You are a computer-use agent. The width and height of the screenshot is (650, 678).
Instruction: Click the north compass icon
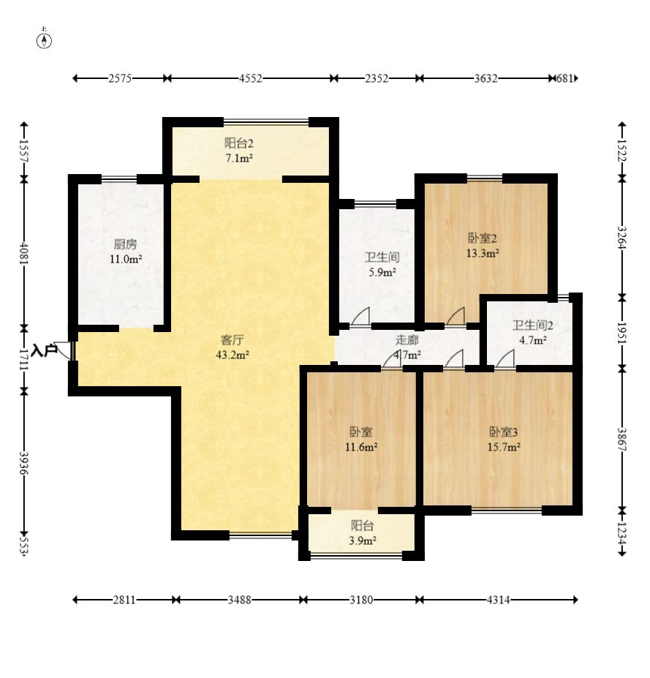(44, 39)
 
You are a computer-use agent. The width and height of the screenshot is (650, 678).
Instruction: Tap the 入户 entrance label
(44, 350)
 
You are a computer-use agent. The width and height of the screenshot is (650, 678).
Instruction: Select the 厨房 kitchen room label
(125, 244)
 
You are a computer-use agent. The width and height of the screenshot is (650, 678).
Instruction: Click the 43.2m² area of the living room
(233, 355)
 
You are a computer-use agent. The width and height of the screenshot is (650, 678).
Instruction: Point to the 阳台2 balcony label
(238, 143)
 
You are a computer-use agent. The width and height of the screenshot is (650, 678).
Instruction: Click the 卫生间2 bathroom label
(533, 325)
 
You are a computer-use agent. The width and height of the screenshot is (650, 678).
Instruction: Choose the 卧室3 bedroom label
(504, 432)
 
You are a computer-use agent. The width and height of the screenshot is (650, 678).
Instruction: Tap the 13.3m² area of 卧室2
(483, 253)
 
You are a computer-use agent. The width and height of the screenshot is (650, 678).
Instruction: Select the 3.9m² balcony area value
(363, 540)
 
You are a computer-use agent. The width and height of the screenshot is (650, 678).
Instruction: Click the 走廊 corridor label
(407, 340)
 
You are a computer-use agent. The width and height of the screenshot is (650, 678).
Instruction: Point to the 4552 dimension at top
(251, 78)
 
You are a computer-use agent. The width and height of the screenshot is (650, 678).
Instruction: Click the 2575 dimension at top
(120, 78)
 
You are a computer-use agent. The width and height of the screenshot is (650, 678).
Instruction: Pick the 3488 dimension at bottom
(239, 600)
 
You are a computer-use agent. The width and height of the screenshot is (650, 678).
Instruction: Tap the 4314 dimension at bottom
(498, 600)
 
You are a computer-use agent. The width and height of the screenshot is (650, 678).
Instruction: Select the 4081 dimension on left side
(24, 252)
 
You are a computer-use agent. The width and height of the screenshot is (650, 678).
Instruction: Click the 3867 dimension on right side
(622, 440)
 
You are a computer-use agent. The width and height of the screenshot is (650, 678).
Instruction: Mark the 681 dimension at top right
(564, 78)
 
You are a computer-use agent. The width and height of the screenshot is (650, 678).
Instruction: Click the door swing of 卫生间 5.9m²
(361, 316)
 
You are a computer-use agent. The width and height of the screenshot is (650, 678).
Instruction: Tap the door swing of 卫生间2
(504, 359)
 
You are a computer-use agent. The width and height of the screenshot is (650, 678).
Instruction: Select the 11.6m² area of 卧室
(361, 447)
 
